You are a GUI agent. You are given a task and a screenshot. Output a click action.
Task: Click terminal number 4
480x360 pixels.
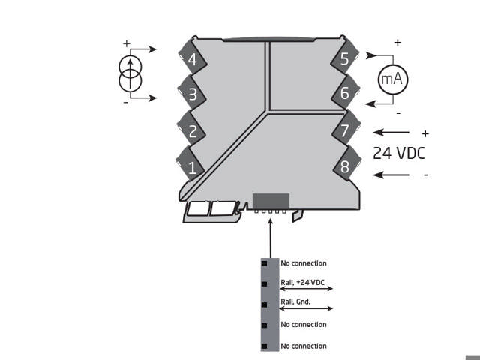[x=192, y=59]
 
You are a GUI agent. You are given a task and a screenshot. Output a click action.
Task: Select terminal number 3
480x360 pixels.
[x=192, y=95]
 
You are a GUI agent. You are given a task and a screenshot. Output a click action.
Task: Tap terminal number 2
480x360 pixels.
[x=192, y=131]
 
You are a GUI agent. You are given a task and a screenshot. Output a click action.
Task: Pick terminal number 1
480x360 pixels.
[x=192, y=167]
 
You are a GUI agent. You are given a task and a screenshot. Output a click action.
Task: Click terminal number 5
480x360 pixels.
[x=344, y=59]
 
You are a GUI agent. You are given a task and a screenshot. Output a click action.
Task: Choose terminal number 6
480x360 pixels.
[x=344, y=94]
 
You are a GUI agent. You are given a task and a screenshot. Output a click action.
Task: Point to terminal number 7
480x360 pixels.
[x=344, y=130]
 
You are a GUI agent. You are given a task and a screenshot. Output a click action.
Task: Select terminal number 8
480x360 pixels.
[x=344, y=166]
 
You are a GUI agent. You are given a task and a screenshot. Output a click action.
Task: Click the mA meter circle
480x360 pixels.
[x=390, y=79]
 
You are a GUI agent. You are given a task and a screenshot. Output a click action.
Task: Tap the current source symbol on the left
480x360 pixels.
[x=131, y=73]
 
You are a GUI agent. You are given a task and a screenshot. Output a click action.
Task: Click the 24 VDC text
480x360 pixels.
[x=400, y=153]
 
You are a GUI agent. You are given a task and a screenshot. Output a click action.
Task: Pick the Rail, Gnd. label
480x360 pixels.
[x=295, y=302]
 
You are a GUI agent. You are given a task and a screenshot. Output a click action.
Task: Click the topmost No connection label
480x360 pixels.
[x=303, y=263]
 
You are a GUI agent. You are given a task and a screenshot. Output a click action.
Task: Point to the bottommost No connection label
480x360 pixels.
[x=303, y=346]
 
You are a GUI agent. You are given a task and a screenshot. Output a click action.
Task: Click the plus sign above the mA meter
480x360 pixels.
[x=397, y=43]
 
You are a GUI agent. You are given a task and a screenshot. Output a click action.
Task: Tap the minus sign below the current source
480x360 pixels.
[x=125, y=102]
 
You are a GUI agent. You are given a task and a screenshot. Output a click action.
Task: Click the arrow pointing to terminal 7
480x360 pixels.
[x=391, y=132]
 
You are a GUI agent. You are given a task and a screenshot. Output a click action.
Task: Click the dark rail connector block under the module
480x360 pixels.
[x=271, y=201]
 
